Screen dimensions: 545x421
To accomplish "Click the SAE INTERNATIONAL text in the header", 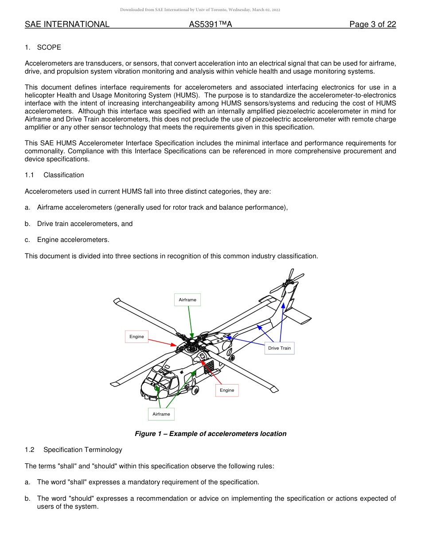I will click(67, 24).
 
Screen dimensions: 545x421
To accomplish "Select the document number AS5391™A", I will click(210, 24).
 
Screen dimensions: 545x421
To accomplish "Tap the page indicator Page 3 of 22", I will click(372, 24).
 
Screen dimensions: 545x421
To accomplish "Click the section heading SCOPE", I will click(49, 47).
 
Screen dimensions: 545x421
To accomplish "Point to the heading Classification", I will click(63, 175).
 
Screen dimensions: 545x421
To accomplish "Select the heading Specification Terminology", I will click(82, 450).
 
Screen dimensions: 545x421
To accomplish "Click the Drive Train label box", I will click(279, 348).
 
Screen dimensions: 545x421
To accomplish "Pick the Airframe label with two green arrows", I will click(161, 414).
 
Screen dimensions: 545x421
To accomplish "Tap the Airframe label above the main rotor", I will click(187, 300).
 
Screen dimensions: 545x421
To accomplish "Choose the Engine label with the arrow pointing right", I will click(136, 337).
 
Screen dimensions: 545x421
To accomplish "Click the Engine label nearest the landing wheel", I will click(227, 390).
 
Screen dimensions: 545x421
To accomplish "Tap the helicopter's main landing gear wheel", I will click(195, 390).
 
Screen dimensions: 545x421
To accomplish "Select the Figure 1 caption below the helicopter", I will click(210, 434).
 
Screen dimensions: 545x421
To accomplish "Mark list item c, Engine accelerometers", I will click(73, 240).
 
